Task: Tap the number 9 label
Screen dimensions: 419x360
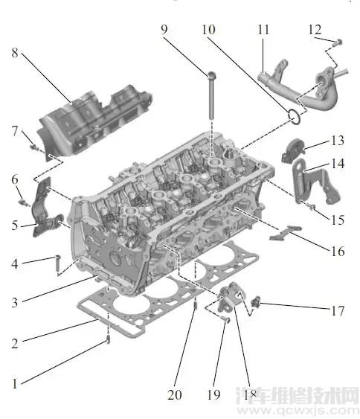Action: (x=164, y=31)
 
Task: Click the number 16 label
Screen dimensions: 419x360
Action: (x=337, y=252)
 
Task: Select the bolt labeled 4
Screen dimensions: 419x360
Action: (x=57, y=260)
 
